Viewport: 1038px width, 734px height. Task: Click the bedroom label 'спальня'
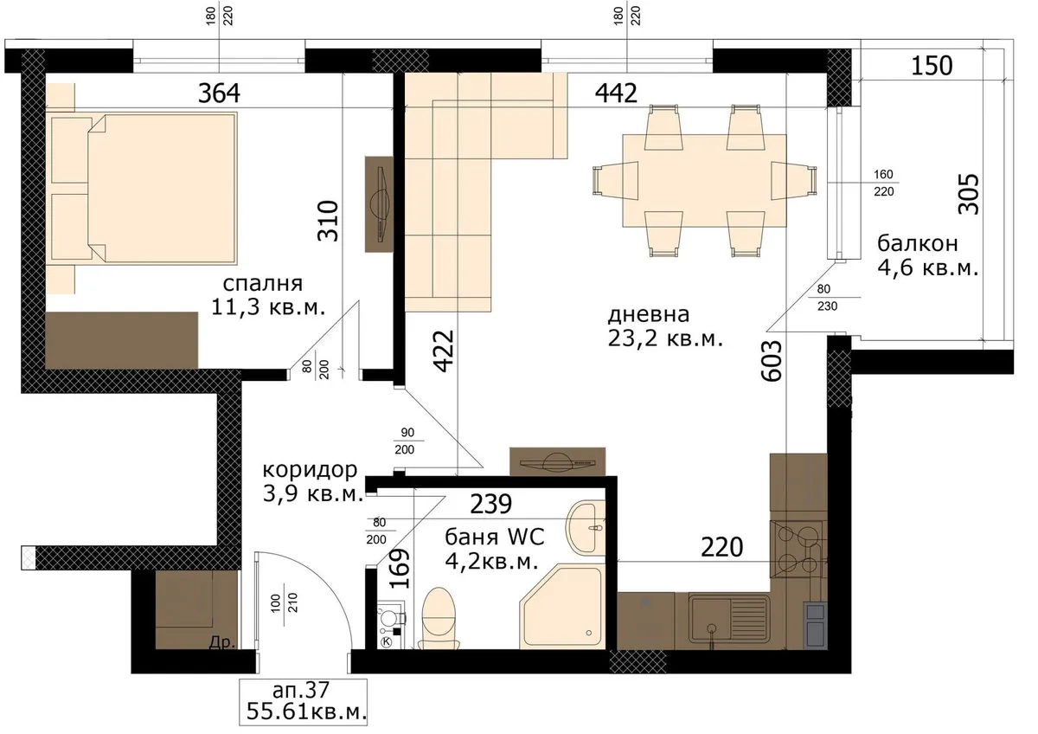263,284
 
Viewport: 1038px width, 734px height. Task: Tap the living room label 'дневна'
649,315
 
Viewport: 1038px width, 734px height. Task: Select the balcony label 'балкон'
918,244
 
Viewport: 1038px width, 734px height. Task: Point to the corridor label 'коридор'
310,471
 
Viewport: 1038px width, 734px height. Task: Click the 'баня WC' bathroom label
495,537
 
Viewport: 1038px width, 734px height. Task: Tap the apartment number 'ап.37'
301,690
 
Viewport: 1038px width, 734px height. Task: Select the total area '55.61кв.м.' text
306,711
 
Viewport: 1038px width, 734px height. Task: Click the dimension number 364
219,93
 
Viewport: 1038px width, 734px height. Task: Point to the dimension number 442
616,93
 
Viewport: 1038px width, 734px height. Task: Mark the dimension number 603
772,361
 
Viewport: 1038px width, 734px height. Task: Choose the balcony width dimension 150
932,66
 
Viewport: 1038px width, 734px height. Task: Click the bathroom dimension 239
490,504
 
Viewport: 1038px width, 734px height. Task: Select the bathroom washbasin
586,528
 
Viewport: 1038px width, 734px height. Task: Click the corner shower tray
562,607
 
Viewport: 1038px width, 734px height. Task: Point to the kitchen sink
728,621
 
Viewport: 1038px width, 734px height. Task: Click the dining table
704,181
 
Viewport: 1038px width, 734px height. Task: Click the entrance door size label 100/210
284,603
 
